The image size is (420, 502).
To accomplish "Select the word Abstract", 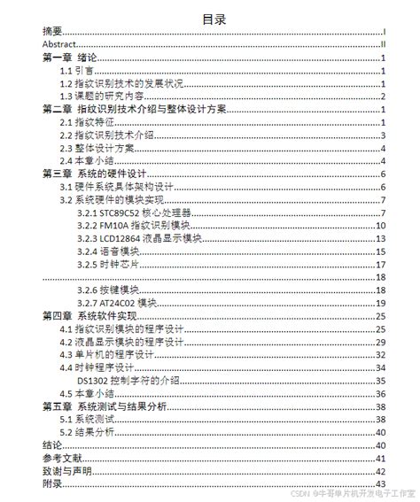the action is point(58,43).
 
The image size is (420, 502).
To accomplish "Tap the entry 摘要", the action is point(52,30).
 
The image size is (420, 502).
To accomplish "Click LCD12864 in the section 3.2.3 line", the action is point(119,239).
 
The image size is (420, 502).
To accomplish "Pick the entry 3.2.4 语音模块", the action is point(106,252).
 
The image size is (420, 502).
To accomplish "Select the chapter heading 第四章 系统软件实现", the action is point(89,316).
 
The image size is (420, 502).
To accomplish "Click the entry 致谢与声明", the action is point(65,471).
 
